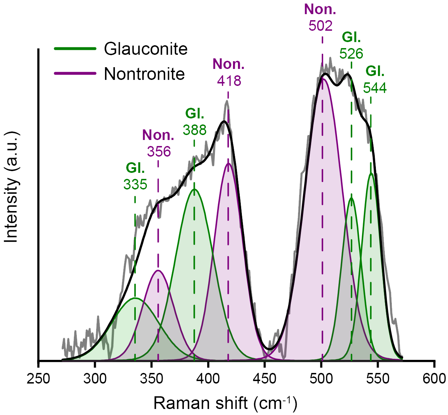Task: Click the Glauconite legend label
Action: coord(145,49)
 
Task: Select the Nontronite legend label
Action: coord(144,74)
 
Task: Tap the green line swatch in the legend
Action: coord(75,49)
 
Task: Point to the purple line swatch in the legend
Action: coord(75,73)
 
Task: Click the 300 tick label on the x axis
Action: coord(95,379)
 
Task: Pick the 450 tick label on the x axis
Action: coord(265,379)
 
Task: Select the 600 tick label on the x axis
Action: coord(434,379)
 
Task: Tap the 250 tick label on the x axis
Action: coord(38,379)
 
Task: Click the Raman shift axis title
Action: coord(225,403)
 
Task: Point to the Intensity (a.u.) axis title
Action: coord(11,187)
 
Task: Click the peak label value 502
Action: coord(320,26)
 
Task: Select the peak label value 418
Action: coord(229,81)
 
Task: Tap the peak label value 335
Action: coord(135,184)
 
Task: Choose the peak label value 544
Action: coord(375,88)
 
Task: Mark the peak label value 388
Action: coord(194,130)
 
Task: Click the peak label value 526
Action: coord(351,53)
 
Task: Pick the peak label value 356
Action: coord(159,152)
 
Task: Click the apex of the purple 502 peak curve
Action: coord(322,78)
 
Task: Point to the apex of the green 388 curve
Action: coord(194,189)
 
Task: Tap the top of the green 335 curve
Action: coord(135,298)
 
